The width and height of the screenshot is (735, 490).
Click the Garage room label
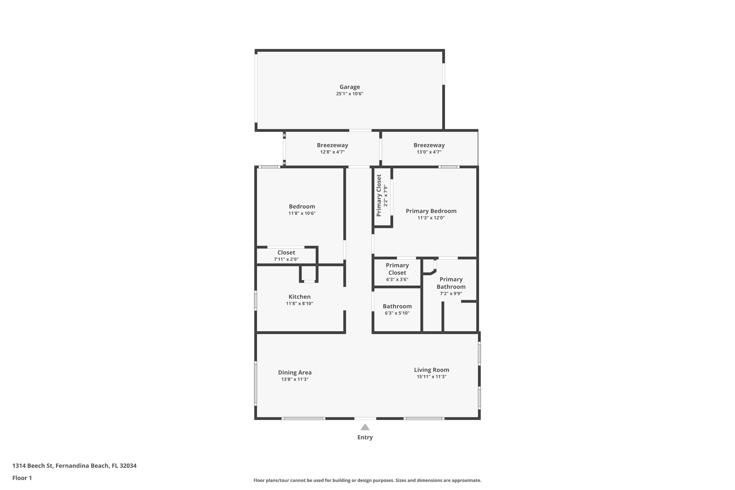tap(350, 87)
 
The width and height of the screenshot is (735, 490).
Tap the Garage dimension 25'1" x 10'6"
tap(350, 94)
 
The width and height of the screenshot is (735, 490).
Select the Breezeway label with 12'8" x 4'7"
tap(332, 145)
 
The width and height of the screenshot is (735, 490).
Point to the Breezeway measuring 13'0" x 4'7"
tap(429, 145)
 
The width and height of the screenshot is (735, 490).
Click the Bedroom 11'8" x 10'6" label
tap(302, 207)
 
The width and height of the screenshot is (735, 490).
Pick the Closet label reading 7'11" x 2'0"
tap(286, 253)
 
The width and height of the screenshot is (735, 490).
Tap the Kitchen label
tap(299, 297)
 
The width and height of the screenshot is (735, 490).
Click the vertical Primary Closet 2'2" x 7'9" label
tap(379, 196)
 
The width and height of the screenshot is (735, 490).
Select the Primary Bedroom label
tap(431, 211)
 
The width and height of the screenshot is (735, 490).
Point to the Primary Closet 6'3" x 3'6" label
tap(397, 269)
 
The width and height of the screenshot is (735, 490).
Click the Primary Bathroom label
tap(451, 283)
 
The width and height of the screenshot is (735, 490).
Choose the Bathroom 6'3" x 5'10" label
tap(397, 307)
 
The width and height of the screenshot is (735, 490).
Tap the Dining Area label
tap(295, 373)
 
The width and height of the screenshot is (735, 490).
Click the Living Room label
tap(431, 370)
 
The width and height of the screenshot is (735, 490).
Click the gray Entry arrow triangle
tap(365, 427)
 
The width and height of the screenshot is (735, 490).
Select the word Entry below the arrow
tap(365, 437)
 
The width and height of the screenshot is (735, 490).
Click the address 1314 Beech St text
tap(74, 466)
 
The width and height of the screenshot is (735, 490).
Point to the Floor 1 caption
tap(22, 478)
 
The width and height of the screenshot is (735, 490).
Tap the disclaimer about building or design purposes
tap(367, 481)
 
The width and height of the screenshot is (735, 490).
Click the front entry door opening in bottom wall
tap(365, 419)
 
